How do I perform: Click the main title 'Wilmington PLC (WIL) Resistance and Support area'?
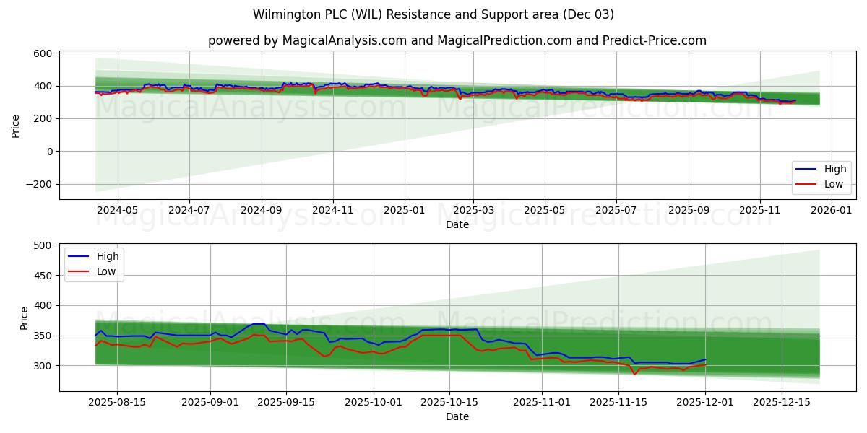433,14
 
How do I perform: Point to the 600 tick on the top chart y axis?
42,53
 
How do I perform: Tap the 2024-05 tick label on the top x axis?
117,210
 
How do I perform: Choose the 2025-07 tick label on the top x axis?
616,210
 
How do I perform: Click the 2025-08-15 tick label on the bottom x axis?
117,402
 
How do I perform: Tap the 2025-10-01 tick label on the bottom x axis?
374,402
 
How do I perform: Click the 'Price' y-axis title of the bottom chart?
25,318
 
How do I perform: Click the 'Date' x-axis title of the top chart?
457,224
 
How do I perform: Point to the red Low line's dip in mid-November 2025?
634,374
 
